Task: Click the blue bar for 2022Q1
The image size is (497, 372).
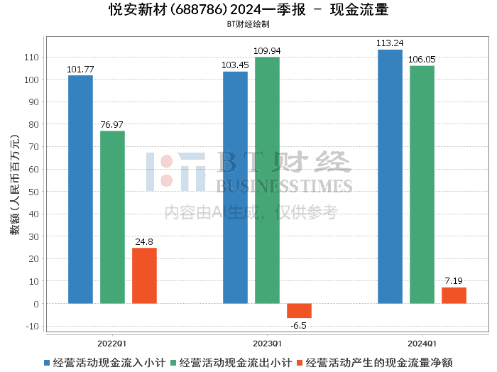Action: click(x=80, y=190)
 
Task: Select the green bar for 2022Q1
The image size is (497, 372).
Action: click(x=112, y=217)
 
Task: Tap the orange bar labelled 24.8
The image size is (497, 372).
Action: click(x=145, y=275)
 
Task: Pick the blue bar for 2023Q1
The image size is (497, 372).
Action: click(x=235, y=187)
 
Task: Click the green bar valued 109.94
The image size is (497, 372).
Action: click(x=267, y=180)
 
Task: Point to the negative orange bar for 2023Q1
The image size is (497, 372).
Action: click(x=299, y=311)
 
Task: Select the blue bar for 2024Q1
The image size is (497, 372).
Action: click(x=390, y=177)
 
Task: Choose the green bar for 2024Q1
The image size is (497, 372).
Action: click(x=422, y=185)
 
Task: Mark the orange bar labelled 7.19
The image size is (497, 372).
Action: click(x=454, y=295)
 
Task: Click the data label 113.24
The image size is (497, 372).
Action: click(x=390, y=43)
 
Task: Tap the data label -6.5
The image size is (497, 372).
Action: click(x=299, y=326)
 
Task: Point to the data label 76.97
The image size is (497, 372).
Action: click(x=112, y=124)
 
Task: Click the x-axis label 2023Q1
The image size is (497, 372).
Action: click(x=267, y=344)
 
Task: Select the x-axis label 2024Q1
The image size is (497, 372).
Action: click(x=422, y=344)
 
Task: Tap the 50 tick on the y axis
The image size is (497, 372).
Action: click(x=34, y=192)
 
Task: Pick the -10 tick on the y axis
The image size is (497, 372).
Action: click(x=33, y=327)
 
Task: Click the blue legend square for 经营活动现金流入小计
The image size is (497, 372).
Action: click(x=47, y=363)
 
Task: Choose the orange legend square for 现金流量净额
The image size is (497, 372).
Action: click(x=300, y=363)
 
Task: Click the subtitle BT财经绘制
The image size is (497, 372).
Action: click(x=248, y=24)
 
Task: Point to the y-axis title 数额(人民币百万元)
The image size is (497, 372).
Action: click(x=15, y=185)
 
